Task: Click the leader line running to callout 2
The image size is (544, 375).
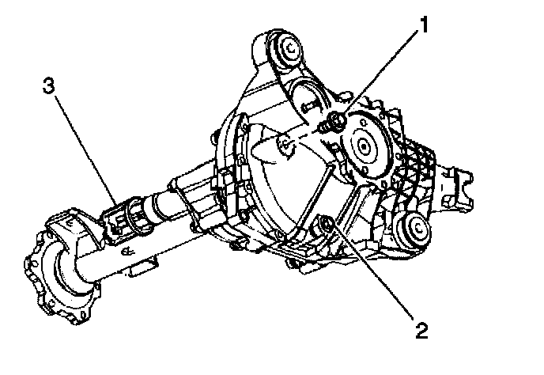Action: [x=372, y=274]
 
